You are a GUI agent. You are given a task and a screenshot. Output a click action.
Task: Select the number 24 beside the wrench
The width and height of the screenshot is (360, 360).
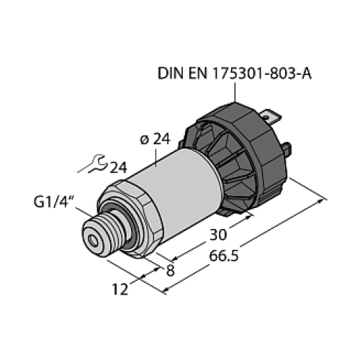(x=118, y=168)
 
